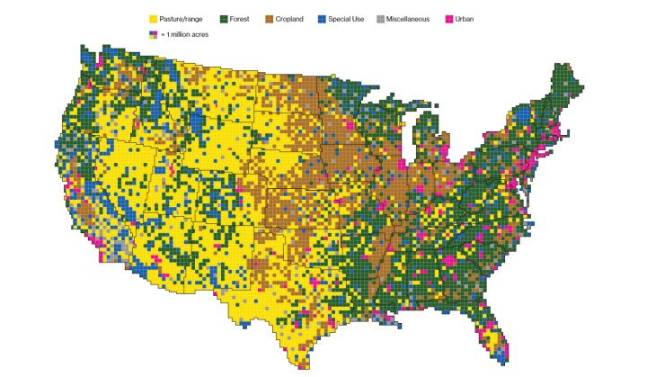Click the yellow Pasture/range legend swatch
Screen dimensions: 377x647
click(153, 19)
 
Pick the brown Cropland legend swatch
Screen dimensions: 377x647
click(270, 19)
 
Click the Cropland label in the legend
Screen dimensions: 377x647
click(297, 19)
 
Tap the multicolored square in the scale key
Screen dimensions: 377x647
click(153, 33)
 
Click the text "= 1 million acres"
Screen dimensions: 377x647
click(183, 33)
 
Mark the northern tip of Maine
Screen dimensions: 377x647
click(563, 66)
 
